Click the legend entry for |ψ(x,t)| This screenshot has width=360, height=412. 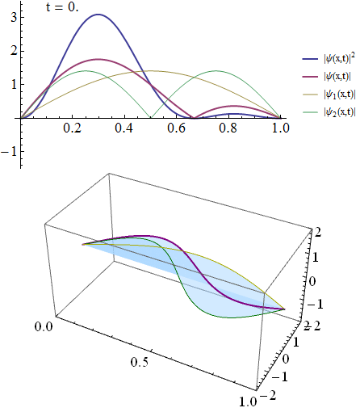tap(329, 78)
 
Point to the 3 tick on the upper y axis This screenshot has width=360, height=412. tap(11, 15)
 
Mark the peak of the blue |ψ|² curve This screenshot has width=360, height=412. tap(98, 15)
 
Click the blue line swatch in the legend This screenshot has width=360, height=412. tap(308, 59)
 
